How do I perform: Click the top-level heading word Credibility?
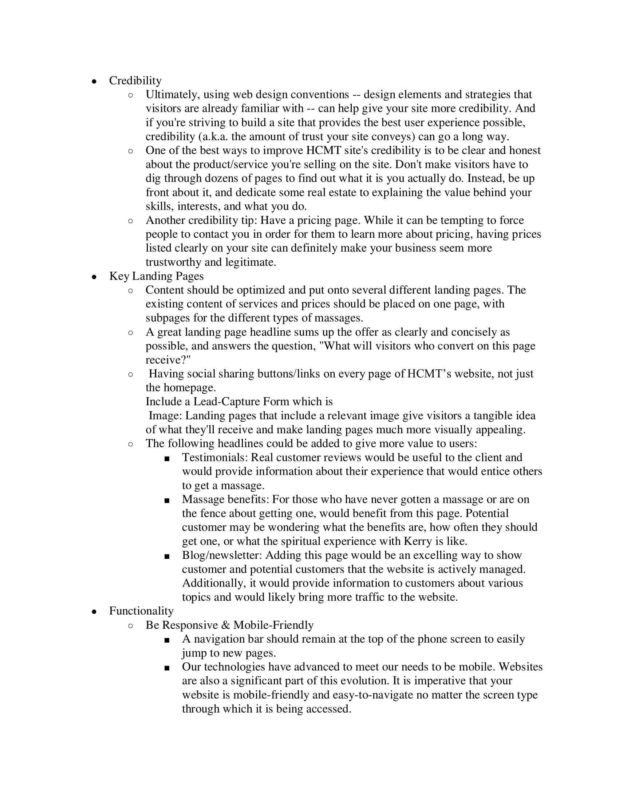click(135, 81)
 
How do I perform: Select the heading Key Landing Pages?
click(156, 276)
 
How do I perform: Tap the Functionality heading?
click(141, 611)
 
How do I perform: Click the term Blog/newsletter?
click(222, 555)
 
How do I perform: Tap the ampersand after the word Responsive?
click(225, 625)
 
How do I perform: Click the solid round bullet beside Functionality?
click(94, 612)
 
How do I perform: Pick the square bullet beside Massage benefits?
click(167, 500)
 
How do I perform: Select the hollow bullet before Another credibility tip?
click(131, 221)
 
